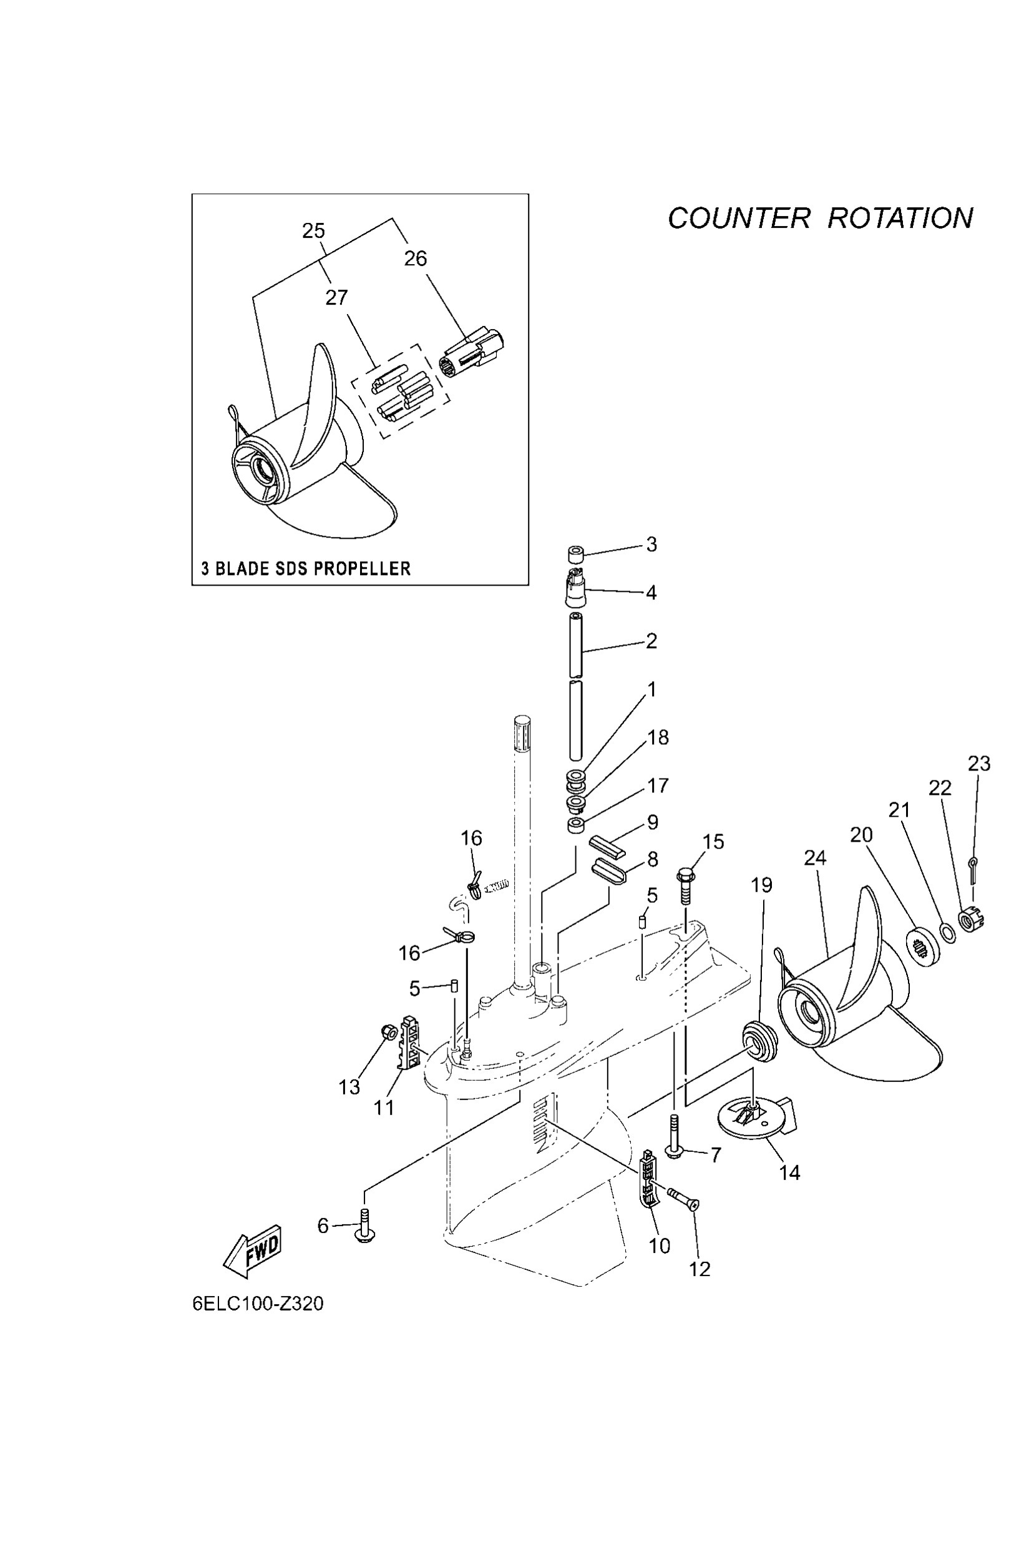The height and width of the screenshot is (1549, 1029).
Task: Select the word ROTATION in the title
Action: tap(900, 219)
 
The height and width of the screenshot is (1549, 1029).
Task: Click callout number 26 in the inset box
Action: tap(415, 258)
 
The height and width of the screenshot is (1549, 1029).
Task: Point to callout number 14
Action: tap(789, 1172)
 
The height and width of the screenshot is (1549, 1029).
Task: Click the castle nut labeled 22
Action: tap(969, 919)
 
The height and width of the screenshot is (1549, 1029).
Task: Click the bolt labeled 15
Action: tap(685, 884)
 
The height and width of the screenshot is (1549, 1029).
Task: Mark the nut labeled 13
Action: tap(388, 1031)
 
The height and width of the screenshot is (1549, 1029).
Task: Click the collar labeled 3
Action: tap(575, 554)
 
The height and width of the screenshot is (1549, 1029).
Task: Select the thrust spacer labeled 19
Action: tap(759, 1040)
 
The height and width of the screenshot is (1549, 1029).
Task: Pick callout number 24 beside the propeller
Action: tap(814, 858)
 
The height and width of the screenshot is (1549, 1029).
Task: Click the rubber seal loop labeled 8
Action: tap(609, 872)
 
